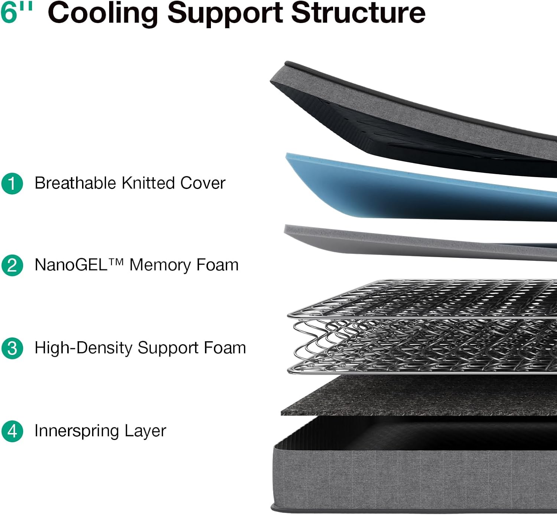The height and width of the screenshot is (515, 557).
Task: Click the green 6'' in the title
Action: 16,12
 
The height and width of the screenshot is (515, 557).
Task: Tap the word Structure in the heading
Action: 358,13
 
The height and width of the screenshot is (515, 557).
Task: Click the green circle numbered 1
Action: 12,183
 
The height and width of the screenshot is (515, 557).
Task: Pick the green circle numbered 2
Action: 12,265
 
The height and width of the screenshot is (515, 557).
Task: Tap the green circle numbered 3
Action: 12,348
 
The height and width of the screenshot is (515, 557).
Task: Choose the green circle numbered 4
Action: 12,431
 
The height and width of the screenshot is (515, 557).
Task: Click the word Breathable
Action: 75,183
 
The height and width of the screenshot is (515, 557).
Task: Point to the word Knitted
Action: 148,183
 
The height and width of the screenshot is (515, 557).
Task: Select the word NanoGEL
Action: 71,265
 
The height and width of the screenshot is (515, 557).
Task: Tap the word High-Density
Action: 83,348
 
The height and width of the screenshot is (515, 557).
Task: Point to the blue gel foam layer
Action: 408,193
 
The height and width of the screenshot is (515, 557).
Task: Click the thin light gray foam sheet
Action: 408,243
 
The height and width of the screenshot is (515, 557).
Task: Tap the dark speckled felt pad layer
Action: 420,395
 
